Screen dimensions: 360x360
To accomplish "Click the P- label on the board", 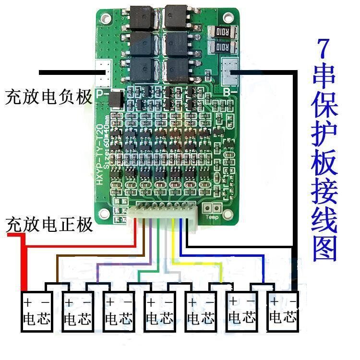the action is [102, 93].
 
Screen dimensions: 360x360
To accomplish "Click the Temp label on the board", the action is [212, 217].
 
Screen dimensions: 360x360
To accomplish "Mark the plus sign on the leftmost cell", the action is [28, 302].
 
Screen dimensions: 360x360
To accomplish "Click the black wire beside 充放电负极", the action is [67, 72].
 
